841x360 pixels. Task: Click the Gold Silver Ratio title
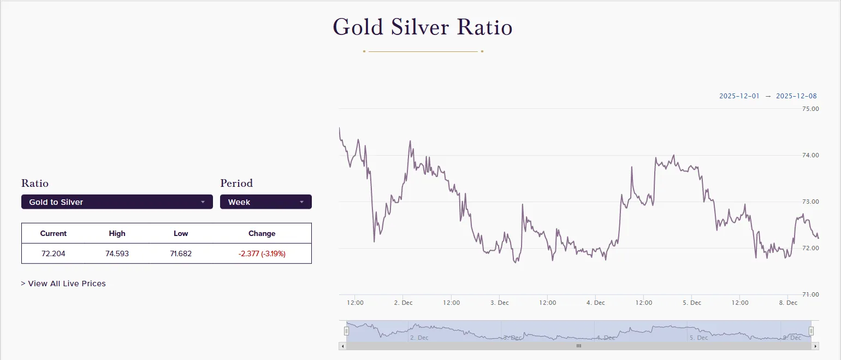coord(423,27)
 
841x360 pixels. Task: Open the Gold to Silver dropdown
coord(117,202)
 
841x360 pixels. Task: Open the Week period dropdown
coord(265,202)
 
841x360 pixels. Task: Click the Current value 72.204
coord(54,253)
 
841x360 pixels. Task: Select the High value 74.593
coord(117,253)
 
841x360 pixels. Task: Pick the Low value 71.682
coord(181,253)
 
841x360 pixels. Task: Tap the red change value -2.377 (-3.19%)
coord(262,253)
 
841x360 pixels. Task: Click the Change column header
coord(262,233)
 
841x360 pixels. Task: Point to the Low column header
coord(181,233)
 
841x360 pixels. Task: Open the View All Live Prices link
coord(63,284)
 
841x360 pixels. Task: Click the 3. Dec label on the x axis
coord(499,303)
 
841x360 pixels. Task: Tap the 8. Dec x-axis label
coord(788,303)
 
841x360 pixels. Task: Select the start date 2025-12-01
coord(739,96)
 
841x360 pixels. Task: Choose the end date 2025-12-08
coord(796,96)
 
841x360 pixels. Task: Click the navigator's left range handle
coord(346,331)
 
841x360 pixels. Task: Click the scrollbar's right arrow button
coord(815,346)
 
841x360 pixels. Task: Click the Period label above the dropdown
coord(236,183)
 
